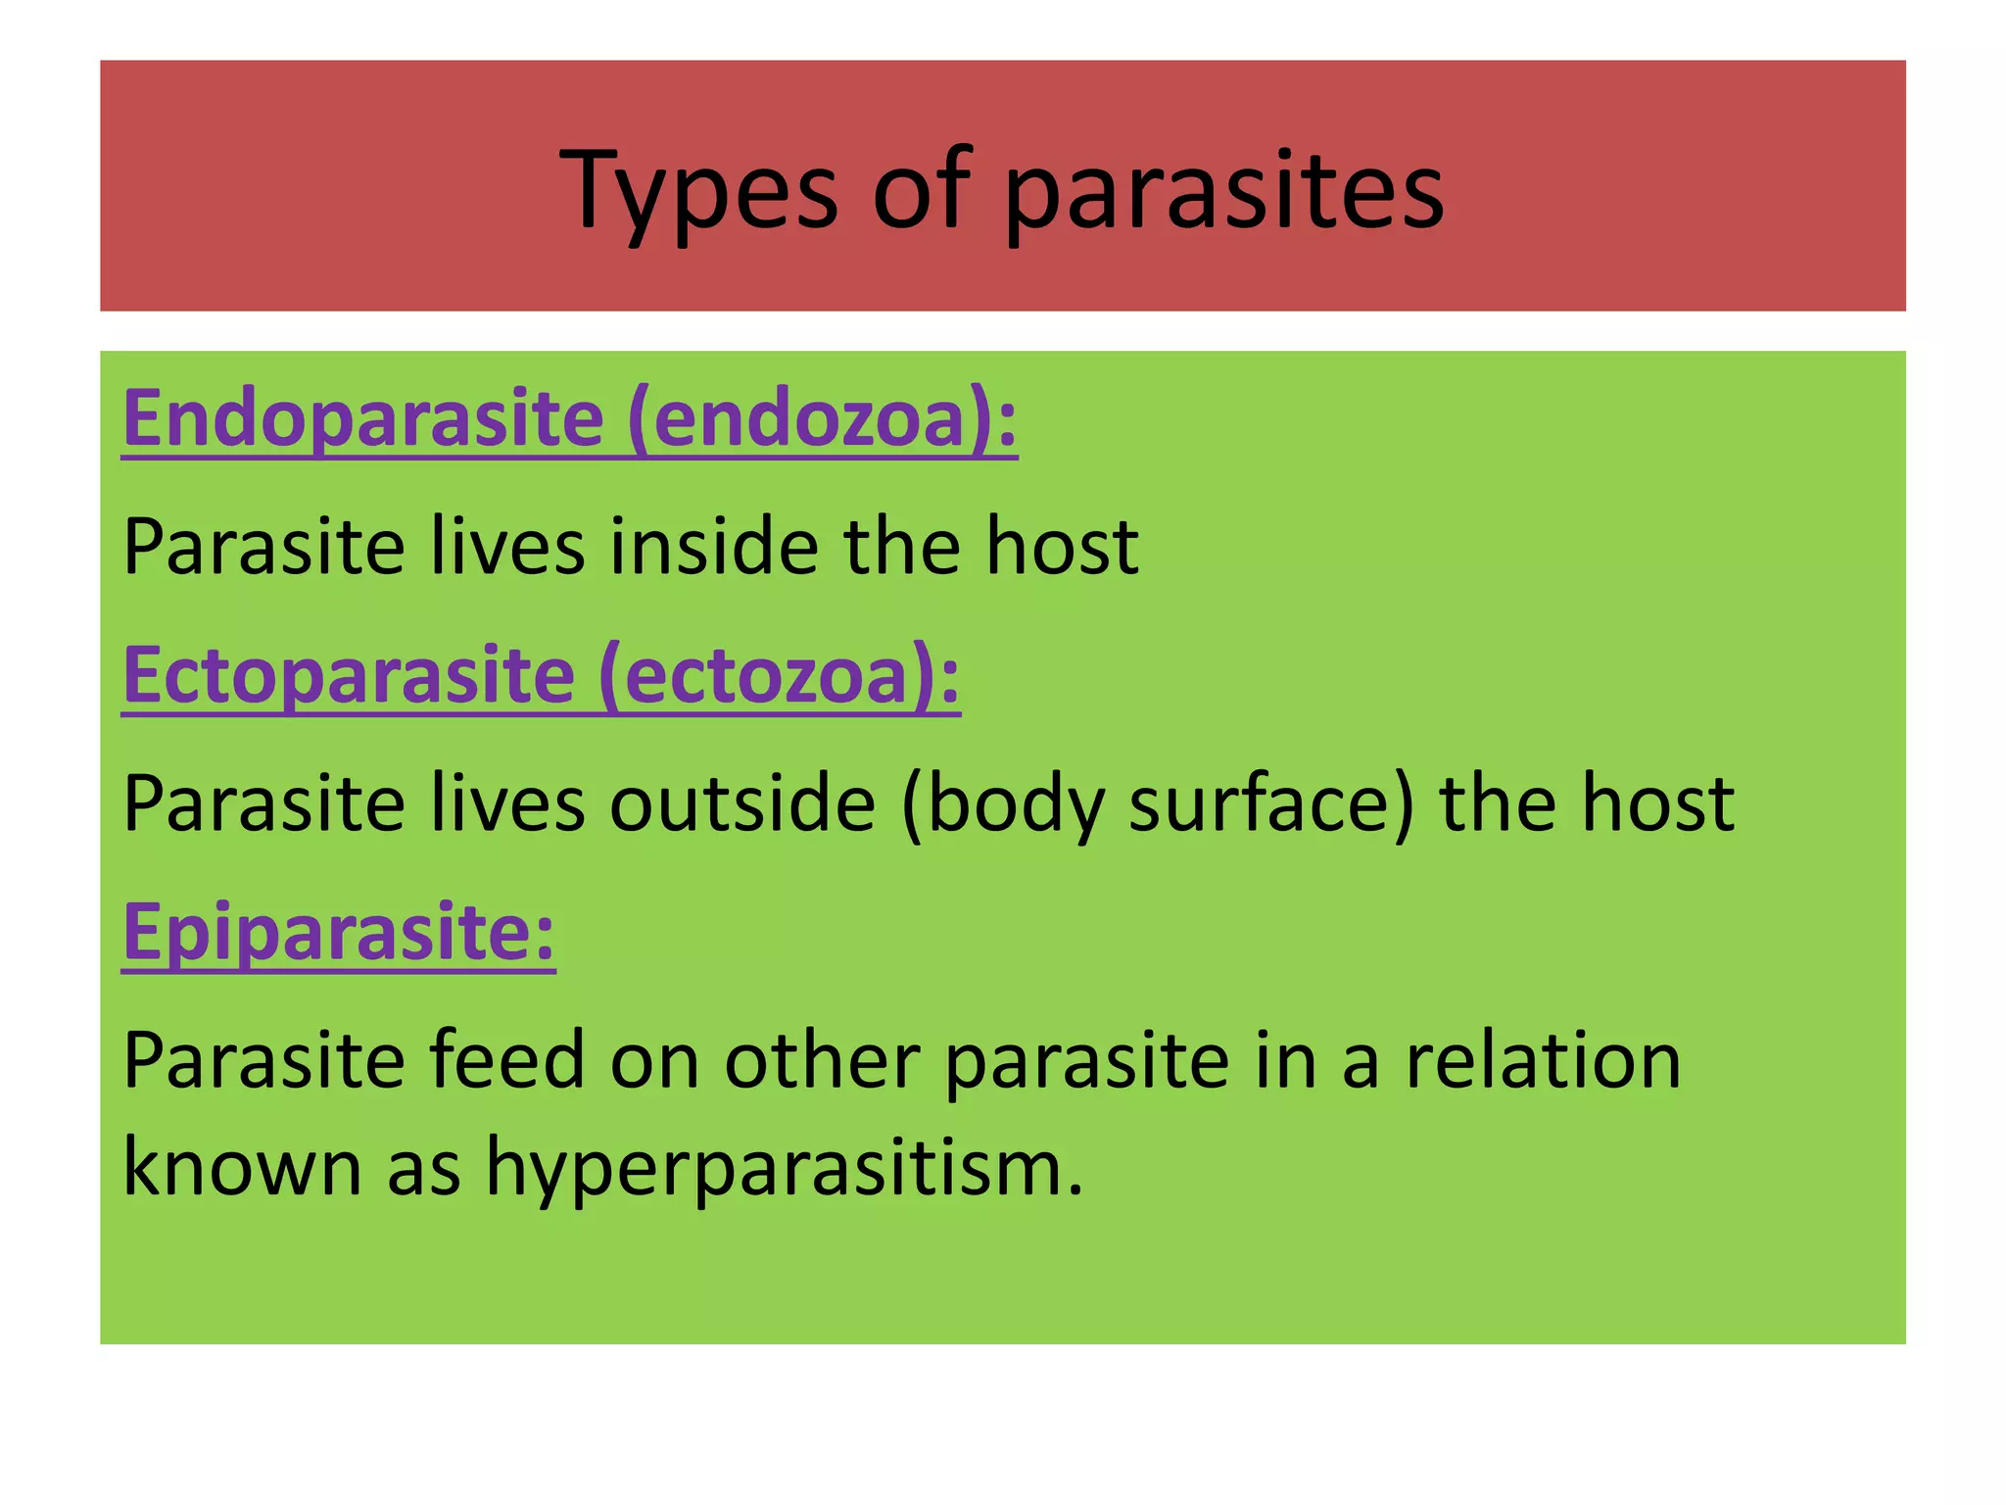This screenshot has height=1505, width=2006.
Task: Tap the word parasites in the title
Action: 1223,191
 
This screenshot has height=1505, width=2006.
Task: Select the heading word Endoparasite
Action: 363,419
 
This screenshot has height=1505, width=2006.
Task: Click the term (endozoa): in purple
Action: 822,419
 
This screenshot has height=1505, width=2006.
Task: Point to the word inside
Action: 714,547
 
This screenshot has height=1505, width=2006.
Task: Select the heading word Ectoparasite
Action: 349,676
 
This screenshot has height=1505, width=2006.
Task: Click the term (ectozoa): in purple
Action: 779,676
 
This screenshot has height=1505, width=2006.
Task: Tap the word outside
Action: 741,803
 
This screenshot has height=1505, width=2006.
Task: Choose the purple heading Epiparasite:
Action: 339,933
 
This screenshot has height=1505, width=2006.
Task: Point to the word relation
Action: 1543,1061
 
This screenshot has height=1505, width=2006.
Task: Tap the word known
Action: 242,1168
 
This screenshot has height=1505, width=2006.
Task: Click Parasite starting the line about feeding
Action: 263,1061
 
